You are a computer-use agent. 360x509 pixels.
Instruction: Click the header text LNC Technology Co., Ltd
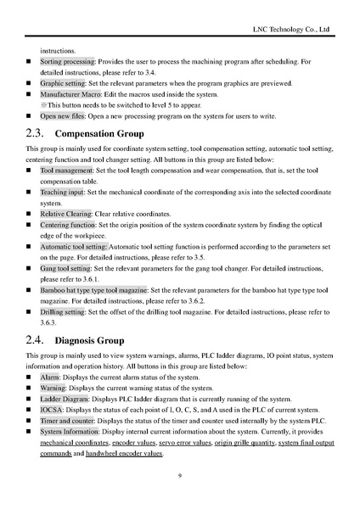click(290, 30)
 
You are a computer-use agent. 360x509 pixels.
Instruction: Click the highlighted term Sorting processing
click(69, 62)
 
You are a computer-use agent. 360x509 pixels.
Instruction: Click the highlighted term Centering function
click(68, 226)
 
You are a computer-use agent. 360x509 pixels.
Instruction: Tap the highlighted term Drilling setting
click(63, 312)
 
